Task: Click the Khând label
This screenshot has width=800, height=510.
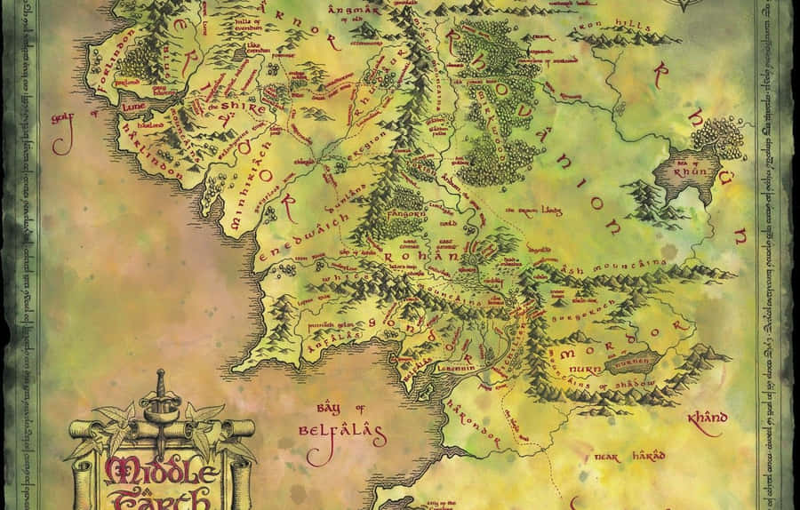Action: pos(708,418)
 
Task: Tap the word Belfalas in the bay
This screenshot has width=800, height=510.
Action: pos(341,436)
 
